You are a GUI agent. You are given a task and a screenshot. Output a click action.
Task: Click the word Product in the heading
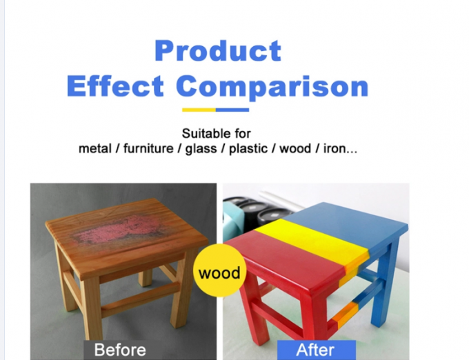pos(218,51)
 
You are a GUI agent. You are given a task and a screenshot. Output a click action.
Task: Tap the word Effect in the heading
pos(115,86)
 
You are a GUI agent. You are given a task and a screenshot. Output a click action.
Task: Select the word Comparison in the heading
pos(272,87)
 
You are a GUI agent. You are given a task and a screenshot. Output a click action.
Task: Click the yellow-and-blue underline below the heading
pos(215,109)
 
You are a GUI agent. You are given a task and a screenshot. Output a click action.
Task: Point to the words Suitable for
pos(216,133)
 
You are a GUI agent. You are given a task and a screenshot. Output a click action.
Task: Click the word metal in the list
pos(95,148)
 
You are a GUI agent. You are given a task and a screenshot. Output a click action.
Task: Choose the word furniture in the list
pos(148,148)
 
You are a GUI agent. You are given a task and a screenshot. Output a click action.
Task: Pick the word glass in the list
pos(202,148)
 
